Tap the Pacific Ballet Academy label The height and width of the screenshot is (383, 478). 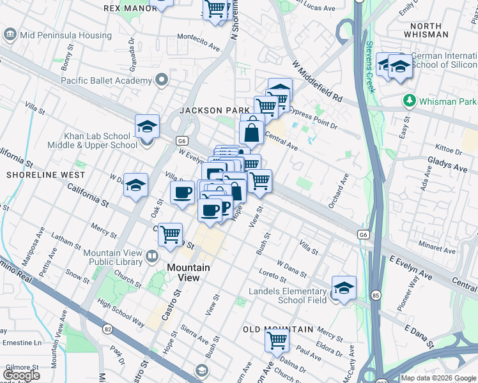(106, 80)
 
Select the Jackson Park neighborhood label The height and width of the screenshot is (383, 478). (214, 110)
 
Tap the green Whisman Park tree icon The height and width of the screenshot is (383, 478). (409, 101)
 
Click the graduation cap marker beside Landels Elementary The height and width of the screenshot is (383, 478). (344, 288)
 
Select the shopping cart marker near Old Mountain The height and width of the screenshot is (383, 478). (277, 340)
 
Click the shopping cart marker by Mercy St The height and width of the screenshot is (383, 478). (170, 234)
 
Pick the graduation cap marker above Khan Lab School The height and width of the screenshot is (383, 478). (147, 126)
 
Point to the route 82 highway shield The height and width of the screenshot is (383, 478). (106, 329)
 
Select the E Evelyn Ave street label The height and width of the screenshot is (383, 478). (411, 267)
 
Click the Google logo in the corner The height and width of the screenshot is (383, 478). (21, 375)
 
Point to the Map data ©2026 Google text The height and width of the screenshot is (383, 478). (438, 378)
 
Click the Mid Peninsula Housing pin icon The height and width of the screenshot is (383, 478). (10, 34)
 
